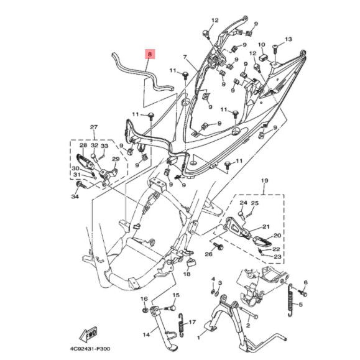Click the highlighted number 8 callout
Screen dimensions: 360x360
tap(150, 55)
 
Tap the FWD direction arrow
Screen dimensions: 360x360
tap(89, 334)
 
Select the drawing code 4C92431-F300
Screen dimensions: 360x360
tap(90, 349)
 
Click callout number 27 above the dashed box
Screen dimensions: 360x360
tap(94, 127)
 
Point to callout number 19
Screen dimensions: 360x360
tap(264, 181)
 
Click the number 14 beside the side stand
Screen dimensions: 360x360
tap(146, 335)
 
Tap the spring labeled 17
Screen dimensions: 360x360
tap(182, 325)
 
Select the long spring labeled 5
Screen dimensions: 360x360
tap(290, 300)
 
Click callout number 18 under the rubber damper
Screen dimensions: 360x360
tap(187, 274)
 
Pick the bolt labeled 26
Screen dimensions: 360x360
tap(219, 246)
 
